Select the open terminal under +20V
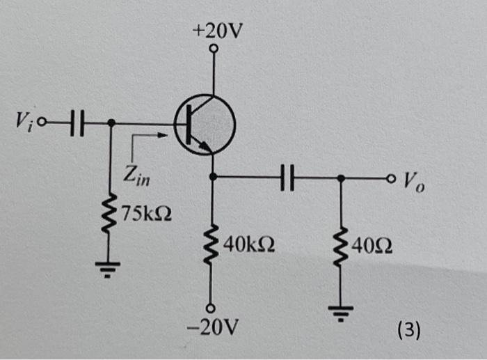click(214, 49)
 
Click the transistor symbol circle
click(205, 126)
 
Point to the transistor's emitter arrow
click(203, 144)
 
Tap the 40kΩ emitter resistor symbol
click(214, 244)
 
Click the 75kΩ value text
click(145, 212)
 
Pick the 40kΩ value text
click(249, 244)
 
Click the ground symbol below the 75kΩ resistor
click(111, 267)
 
